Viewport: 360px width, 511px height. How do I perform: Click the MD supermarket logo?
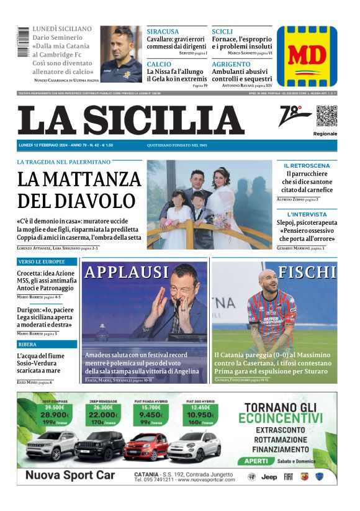point(307,56)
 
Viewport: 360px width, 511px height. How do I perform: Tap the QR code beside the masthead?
point(326,116)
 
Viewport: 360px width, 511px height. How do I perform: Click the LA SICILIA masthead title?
point(130,120)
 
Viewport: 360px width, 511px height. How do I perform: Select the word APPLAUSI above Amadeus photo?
point(127,273)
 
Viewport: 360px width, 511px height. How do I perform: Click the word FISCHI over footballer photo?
point(307,273)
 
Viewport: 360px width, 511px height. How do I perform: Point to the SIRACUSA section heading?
point(163,32)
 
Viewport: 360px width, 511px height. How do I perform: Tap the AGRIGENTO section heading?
point(231,64)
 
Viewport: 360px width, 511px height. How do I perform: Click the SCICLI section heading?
point(222,32)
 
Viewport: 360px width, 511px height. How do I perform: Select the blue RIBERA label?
point(28,344)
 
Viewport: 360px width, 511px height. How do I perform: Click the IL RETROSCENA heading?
point(307,166)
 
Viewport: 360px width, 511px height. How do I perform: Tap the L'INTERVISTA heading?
point(307,214)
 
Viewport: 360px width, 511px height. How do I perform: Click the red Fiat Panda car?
point(145,446)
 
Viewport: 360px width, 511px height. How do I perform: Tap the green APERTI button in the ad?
point(256,461)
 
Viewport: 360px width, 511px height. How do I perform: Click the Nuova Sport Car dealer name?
point(66,476)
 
